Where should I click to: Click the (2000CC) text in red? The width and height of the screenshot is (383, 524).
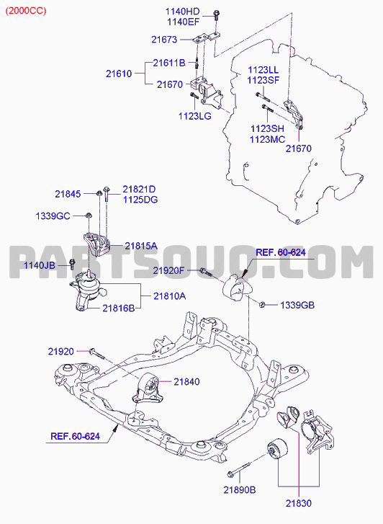click(x=26, y=11)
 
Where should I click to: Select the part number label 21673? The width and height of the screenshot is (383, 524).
click(x=164, y=40)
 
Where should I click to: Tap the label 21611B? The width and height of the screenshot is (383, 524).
click(x=169, y=63)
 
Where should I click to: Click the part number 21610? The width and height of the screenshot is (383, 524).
click(x=119, y=74)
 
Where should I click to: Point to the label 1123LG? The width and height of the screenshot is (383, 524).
click(x=194, y=116)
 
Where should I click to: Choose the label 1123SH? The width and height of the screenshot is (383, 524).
click(x=267, y=129)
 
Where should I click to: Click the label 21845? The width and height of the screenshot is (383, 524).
click(x=68, y=194)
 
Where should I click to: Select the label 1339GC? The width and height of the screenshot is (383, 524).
click(x=53, y=216)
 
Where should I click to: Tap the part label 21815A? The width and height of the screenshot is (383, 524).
click(x=141, y=247)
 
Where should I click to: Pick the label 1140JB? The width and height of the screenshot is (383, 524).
click(x=40, y=266)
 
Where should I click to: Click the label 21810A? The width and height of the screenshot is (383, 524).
click(x=170, y=296)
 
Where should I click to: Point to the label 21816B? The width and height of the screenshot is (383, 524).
click(x=119, y=308)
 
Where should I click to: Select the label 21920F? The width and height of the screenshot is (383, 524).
click(x=168, y=270)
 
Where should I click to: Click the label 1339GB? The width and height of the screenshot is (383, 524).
click(x=297, y=305)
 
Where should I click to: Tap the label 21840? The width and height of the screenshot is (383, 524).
click(x=186, y=381)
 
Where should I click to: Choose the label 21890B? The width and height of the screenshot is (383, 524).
click(x=240, y=490)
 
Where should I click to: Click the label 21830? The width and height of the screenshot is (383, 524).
click(x=299, y=503)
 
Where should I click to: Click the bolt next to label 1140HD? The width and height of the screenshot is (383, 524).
click(x=216, y=15)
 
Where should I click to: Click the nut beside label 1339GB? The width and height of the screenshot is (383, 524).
click(x=262, y=304)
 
